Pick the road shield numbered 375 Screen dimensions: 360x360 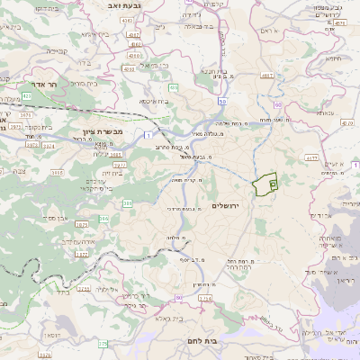[102, 344]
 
